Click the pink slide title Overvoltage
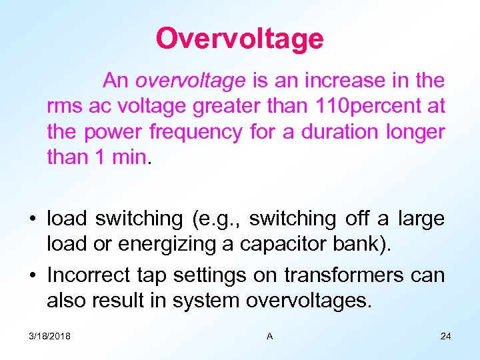coord(239,39)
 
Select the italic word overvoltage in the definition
coord(190,81)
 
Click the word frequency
coord(195,132)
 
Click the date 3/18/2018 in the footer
coord(51,336)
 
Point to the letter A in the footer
coord(269,336)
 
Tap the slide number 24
coord(445,336)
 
